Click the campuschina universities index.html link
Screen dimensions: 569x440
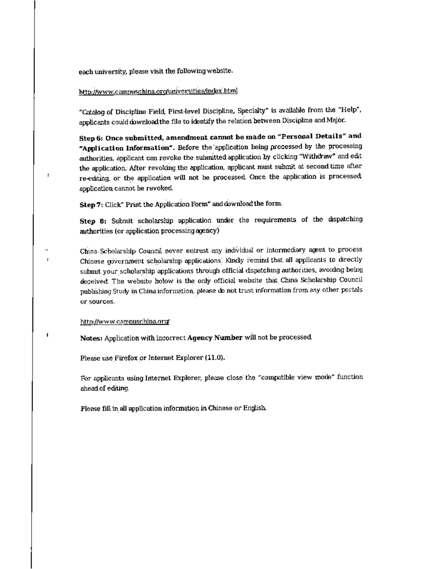pos(158,91)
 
